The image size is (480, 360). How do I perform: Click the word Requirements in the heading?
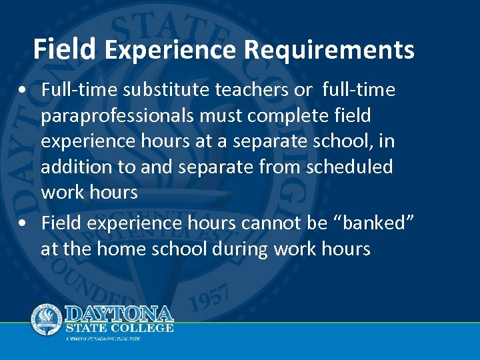click(329, 50)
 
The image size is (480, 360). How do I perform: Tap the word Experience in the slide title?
click(170, 50)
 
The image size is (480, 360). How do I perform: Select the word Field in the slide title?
click(65, 49)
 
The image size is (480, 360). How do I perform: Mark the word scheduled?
click(349, 167)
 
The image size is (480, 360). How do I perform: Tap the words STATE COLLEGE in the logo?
click(120, 327)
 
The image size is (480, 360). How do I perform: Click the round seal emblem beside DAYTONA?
click(47, 319)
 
